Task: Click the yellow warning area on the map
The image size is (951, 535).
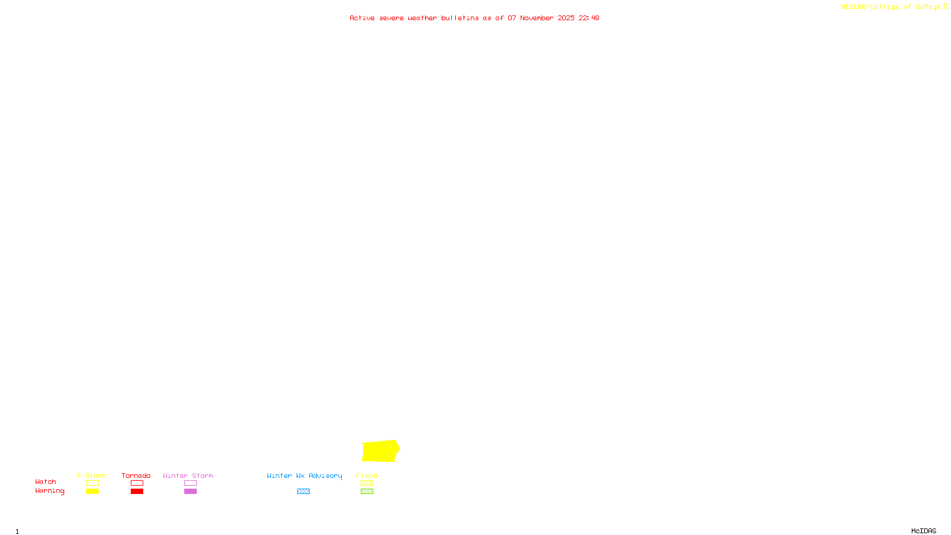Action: [x=380, y=451]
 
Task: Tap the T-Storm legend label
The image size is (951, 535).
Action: [x=92, y=476]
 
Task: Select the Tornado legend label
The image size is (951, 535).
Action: [x=136, y=476]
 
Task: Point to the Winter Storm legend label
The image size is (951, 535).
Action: [x=188, y=476]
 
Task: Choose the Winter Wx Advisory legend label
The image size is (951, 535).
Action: [x=304, y=476]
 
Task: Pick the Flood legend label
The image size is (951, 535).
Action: [x=367, y=476]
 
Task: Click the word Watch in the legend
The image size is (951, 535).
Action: [x=46, y=481]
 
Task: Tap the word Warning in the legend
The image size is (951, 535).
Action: [x=49, y=491]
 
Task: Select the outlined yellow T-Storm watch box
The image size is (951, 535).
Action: [x=92, y=483]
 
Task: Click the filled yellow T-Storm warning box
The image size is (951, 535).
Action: [x=92, y=492]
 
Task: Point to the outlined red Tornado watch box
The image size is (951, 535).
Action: [x=137, y=483]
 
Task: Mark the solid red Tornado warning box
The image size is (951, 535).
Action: [x=137, y=492]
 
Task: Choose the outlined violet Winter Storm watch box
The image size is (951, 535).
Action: [x=190, y=483]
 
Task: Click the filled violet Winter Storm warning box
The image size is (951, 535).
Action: [x=190, y=492]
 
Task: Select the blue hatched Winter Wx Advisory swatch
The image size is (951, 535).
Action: [x=303, y=492]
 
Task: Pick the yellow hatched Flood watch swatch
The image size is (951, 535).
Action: [x=367, y=483]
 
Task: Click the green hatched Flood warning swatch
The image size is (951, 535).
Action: [x=367, y=492]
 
